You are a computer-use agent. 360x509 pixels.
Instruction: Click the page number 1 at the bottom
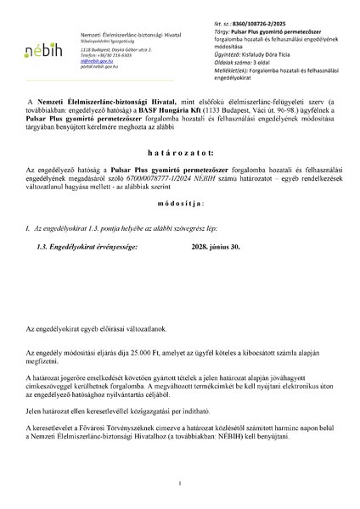pyautogui.click(x=180, y=484)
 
